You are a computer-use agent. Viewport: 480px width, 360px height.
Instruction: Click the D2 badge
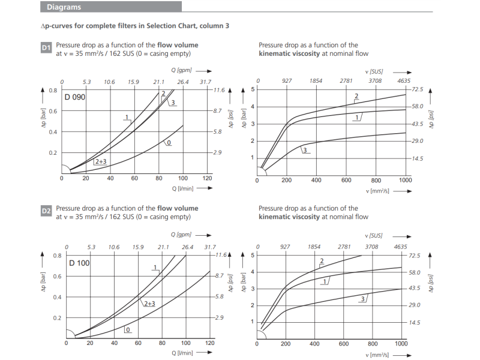click(46, 211)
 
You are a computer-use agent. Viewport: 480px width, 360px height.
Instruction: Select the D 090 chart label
click(75, 97)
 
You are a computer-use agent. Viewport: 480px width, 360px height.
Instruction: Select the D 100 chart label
click(79, 263)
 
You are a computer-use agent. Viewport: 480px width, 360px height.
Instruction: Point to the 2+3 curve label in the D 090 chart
click(100, 162)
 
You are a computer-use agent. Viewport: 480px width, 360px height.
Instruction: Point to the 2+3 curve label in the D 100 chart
click(149, 304)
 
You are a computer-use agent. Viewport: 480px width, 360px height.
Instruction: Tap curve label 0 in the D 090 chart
click(169, 143)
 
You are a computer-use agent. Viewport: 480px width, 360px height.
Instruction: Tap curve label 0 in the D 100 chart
click(128, 329)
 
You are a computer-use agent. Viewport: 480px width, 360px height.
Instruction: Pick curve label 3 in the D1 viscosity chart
click(305, 150)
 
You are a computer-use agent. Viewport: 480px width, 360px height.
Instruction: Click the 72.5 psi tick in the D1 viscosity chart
click(418, 89)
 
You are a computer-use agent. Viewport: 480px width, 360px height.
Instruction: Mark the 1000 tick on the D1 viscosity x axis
click(405, 179)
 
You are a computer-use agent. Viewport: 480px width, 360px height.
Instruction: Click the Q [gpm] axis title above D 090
click(181, 70)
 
